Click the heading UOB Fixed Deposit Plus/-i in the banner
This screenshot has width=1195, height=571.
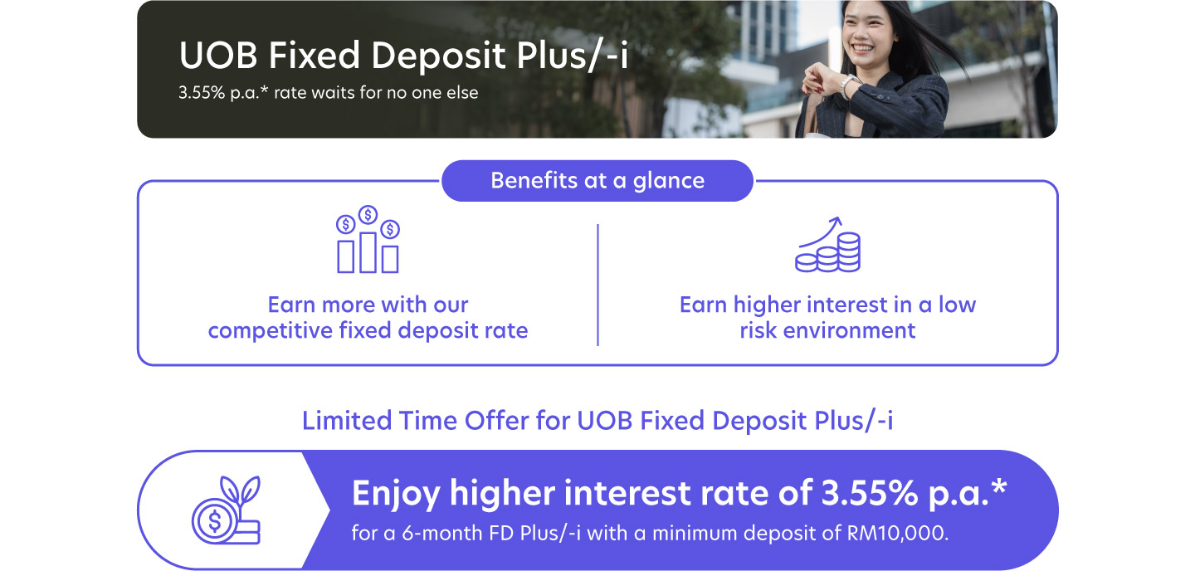403,56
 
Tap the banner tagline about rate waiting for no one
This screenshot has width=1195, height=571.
328,93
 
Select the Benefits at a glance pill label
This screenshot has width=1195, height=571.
597,181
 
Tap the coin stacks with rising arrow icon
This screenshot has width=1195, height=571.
827,246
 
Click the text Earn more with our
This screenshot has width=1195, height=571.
368,305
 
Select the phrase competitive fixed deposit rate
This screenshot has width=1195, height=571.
368,330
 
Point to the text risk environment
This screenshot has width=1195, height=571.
827,330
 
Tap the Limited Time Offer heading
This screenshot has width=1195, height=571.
597,421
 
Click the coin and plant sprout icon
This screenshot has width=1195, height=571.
225,510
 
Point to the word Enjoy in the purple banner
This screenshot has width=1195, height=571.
395,495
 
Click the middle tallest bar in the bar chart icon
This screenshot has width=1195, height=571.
368,251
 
